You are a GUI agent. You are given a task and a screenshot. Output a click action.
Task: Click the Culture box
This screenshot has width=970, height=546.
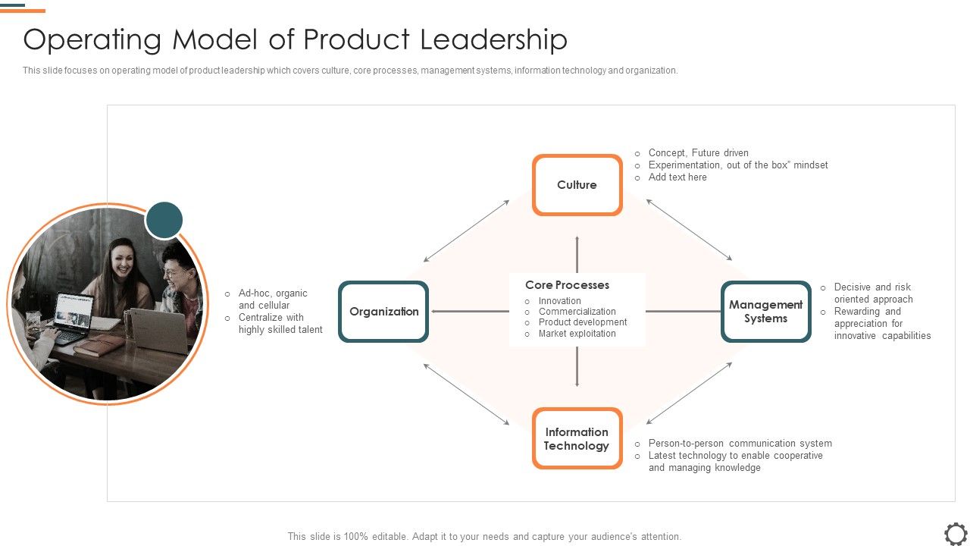(577, 185)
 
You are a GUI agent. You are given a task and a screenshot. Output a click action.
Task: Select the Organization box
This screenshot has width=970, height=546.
(383, 312)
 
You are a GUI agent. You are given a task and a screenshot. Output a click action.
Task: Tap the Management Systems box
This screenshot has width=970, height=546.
(765, 312)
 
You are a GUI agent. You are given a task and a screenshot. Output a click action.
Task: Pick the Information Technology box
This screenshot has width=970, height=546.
(577, 438)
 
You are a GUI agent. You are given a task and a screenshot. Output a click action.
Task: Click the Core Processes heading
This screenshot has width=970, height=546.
(567, 285)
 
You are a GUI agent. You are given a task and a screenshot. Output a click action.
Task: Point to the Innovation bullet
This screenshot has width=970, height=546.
(559, 301)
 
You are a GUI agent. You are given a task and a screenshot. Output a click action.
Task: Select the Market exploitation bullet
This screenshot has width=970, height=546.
(577, 334)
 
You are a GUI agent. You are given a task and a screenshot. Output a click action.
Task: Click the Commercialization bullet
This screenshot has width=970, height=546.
(577, 312)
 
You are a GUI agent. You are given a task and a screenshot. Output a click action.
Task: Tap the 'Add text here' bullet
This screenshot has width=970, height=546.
(677, 177)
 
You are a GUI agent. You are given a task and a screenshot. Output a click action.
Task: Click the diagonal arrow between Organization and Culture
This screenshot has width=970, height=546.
(467, 231)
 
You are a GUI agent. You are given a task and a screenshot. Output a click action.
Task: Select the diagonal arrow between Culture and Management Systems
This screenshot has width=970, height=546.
(689, 231)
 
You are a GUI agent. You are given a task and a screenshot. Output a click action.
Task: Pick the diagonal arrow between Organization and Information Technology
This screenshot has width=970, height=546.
(467, 394)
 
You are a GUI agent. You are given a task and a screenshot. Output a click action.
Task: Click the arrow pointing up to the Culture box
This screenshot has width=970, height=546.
(577, 253)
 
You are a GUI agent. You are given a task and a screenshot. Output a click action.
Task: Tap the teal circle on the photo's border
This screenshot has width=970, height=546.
(164, 221)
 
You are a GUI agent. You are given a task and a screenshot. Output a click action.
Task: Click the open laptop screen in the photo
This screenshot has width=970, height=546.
(74, 312)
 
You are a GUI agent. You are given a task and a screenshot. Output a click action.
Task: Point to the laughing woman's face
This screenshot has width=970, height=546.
(120, 259)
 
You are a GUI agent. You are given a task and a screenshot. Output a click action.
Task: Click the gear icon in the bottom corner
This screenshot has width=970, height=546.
(956, 532)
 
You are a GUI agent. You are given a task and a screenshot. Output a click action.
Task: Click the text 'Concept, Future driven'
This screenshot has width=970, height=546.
(698, 153)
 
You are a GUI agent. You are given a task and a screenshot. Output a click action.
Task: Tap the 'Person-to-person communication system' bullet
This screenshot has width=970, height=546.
(740, 444)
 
